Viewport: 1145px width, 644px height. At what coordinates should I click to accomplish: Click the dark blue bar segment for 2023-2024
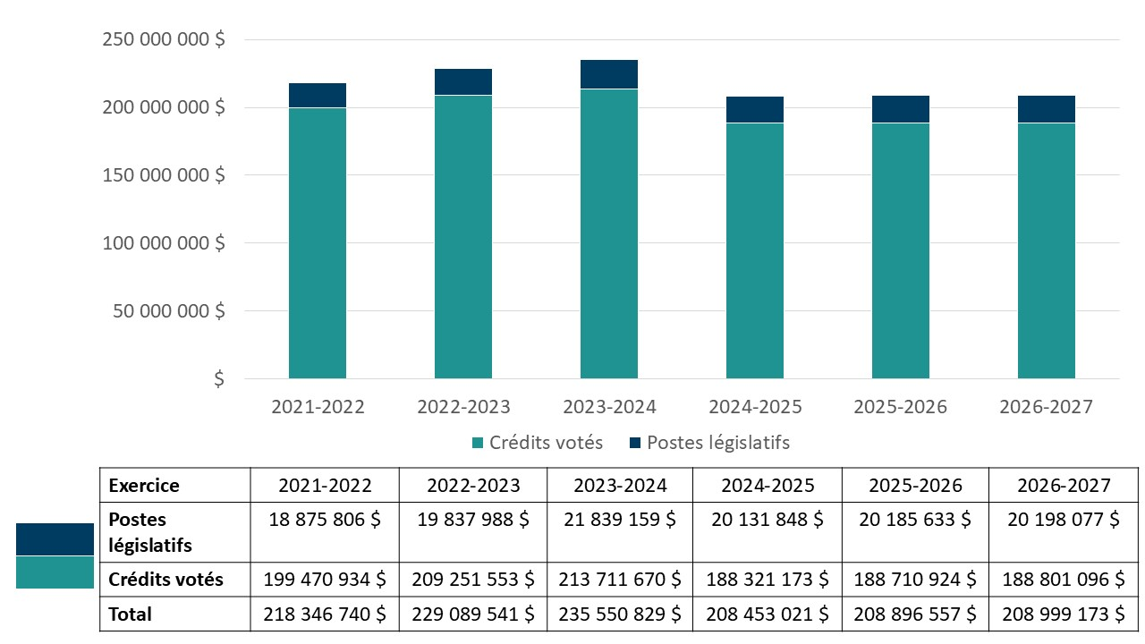pos(609,74)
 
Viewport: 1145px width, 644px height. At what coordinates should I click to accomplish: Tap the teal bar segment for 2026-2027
pos(1047,250)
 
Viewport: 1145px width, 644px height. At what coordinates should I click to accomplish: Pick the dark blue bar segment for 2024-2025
pos(755,109)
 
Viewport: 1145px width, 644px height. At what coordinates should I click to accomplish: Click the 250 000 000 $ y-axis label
pos(164,40)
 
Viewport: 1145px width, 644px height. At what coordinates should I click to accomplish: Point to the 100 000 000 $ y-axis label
pos(164,243)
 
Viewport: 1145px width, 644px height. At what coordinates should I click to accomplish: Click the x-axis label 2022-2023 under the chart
pos(463,407)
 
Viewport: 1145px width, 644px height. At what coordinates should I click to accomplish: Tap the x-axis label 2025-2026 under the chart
pos(900,407)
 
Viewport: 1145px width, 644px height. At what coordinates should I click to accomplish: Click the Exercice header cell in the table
pos(144,486)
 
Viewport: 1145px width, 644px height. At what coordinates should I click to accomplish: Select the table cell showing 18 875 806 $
pos(324,520)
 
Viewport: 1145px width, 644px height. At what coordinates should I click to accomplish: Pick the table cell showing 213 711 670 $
pos(620,580)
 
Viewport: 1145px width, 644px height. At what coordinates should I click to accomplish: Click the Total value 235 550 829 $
pos(620,614)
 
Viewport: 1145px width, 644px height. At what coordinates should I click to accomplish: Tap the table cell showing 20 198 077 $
pos(1064,520)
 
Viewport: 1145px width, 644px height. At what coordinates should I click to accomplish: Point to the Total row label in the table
pos(131,614)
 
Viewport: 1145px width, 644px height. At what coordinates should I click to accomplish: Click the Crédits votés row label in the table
pos(166,580)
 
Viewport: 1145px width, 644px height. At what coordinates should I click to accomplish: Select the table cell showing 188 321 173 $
pos(768,580)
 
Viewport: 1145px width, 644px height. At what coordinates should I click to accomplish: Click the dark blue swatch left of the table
pos(55,539)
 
